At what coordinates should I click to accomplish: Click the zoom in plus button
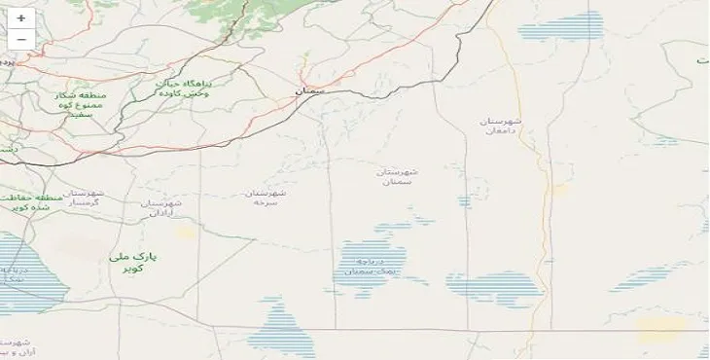pos(20,18)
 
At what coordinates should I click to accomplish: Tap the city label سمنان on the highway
pos(311,90)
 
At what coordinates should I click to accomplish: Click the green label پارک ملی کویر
pos(138,262)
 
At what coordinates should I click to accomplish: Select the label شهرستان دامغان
pos(501,126)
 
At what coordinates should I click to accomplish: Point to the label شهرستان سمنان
pos(398,176)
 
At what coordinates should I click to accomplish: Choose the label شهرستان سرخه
pos(266,198)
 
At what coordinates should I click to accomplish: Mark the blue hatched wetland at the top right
pos(561,26)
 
